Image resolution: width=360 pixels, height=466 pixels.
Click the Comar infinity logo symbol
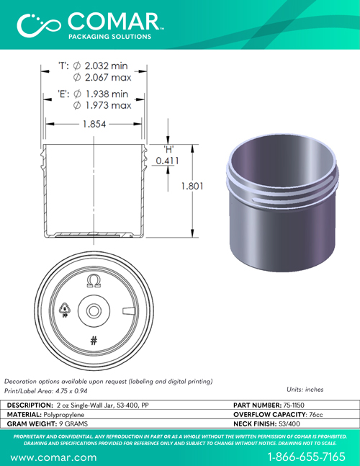[x=39, y=25]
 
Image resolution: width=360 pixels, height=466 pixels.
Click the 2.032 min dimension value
[x=106, y=66]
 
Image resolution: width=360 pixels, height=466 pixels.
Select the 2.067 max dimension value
[x=108, y=78]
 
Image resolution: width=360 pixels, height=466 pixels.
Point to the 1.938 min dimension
[x=107, y=94]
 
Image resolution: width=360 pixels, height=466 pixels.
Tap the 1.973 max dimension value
[x=109, y=105]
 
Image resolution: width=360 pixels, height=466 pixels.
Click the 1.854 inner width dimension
[x=94, y=124]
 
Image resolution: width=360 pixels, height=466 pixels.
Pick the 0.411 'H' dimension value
[x=168, y=161]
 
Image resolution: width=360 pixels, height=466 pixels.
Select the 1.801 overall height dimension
[x=192, y=186]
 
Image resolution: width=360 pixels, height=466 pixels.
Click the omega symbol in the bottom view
[x=94, y=281]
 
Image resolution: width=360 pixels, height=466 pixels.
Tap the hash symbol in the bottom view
[x=94, y=341]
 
